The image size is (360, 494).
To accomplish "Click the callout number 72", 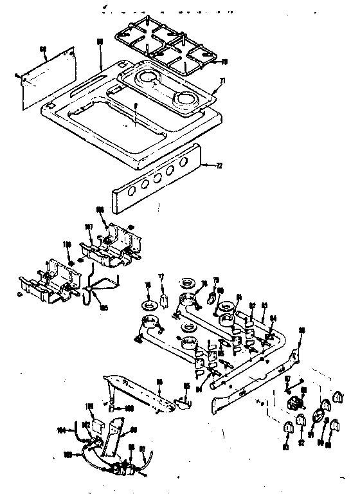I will [x=221, y=166].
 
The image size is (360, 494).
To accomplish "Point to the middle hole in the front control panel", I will [x=157, y=181].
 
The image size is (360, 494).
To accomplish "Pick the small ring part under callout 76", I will [x=149, y=304].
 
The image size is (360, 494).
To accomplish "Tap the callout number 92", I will [x=300, y=443].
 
